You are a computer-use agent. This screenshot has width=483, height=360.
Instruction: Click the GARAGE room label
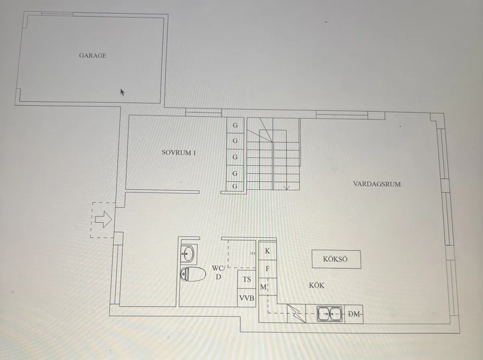(x=93, y=56)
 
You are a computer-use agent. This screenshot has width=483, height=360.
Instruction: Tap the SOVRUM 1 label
(x=179, y=152)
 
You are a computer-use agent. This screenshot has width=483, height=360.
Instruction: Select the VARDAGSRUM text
(x=377, y=184)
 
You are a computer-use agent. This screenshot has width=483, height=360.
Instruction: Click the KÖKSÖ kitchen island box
(x=336, y=259)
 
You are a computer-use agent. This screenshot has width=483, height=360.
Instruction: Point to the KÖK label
(x=316, y=286)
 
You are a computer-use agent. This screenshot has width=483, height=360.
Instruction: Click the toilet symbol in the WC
(x=193, y=274)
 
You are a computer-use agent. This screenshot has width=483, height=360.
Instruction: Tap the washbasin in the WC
(x=189, y=254)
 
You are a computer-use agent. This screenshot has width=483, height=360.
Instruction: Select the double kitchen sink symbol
(x=329, y=314)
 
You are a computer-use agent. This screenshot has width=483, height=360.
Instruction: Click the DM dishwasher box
(x=354, y=314)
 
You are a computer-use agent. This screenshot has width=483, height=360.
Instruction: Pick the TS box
(x=246, y=279)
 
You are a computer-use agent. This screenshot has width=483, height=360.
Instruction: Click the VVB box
(x=246, y=298)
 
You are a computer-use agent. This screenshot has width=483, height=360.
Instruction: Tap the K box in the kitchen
(x=268, y=251)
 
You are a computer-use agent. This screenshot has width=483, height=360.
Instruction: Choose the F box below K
(x=268, y=269)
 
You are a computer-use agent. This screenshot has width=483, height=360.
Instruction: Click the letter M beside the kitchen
(x=263, y=287)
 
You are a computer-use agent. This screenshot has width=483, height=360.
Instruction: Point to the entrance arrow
(x=103, y=219)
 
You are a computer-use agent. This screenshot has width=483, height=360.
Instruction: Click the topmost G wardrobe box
(x=235, y=125)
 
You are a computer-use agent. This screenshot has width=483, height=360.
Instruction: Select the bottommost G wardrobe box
(x=235, y=186)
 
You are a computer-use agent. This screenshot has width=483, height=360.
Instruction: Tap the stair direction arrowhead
(x=287, y=187)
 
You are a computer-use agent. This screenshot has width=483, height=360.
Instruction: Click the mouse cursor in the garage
(x=122, y=93)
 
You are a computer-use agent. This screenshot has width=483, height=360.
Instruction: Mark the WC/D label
(x=219, y=272)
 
